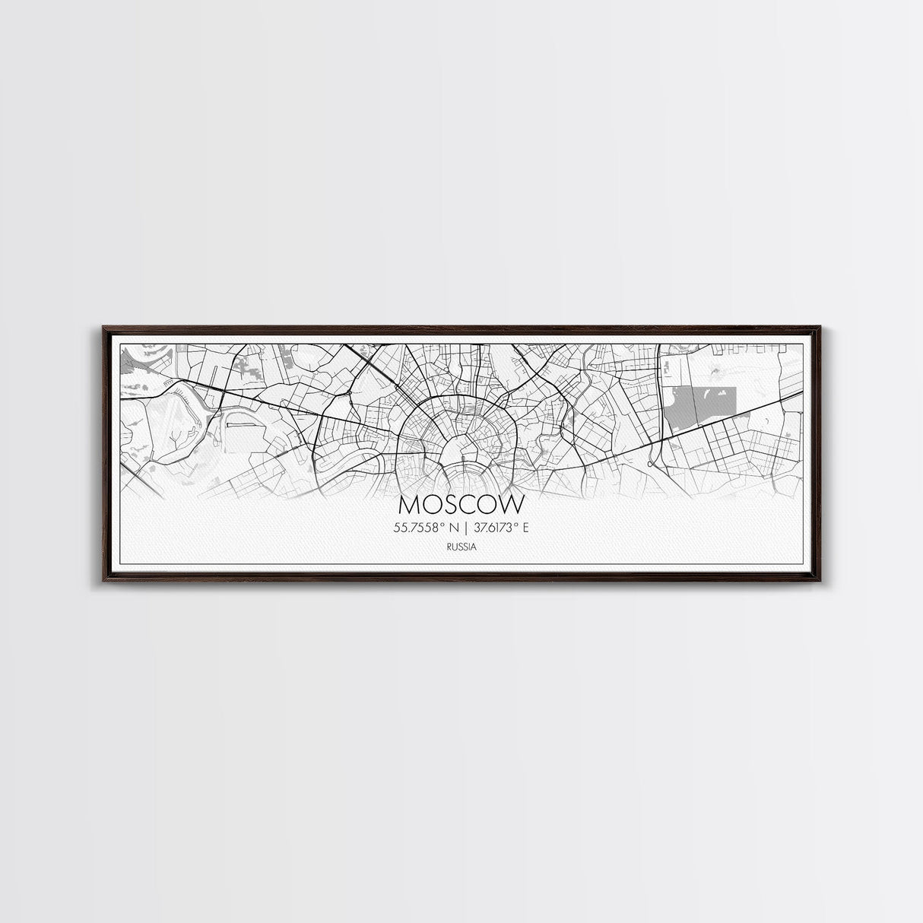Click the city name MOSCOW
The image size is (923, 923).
(461, 505)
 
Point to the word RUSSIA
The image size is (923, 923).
(461, 545)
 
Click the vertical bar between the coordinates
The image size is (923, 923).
(462, 525)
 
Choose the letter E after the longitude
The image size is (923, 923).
(524, 525)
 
